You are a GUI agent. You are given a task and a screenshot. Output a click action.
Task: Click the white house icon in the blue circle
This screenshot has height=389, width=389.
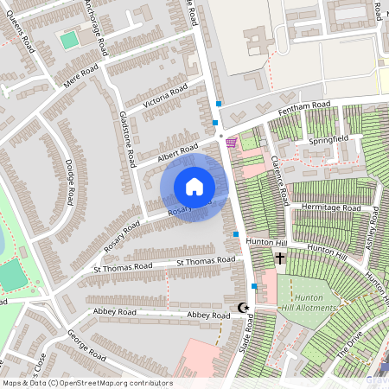click(x=194, y=186)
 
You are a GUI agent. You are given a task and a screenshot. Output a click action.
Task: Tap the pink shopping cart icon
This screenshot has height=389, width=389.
click(x=231, y=142)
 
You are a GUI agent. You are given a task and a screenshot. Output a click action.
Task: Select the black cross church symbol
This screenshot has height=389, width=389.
click(x=280, y=258)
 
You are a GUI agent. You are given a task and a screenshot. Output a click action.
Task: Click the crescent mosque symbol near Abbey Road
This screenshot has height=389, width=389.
click(x=243, y=308)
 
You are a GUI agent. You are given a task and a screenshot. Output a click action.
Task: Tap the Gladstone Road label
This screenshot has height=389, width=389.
click(x=128, y=138)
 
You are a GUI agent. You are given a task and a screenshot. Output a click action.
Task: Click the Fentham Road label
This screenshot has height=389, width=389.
click(x=300, y=109)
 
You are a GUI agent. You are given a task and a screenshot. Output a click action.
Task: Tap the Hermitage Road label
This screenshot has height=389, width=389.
click(x=330, y=208)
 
